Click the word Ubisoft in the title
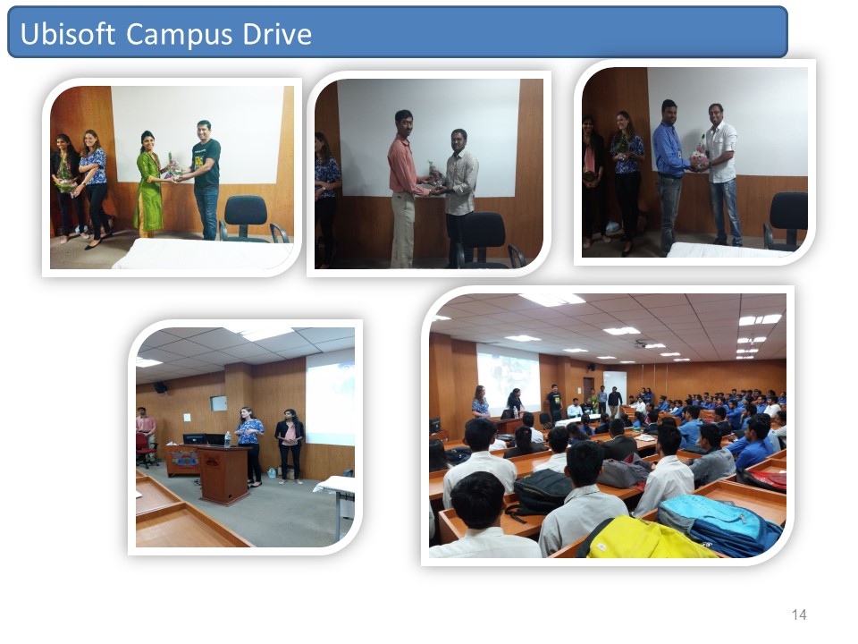tap(67, 34)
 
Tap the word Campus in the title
tap(180, 35)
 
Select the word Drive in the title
tap(277, 34)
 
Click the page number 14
tap(799, 614)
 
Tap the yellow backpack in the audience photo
tap(645, 538)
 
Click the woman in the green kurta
tap(149, 183)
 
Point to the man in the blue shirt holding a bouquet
tap(669, 175)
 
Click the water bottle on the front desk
tap(227, 439)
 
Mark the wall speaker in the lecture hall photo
tap(160, 387)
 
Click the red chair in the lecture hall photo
tap(145, 449)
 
